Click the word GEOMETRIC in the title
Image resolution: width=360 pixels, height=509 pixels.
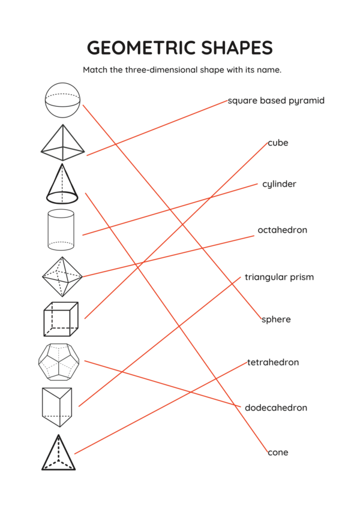coord(137,48)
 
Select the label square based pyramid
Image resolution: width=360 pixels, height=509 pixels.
coord(276,101)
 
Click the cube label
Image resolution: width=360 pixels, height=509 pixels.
coord(278,143)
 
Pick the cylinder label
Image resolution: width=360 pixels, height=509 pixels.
coord(279,184)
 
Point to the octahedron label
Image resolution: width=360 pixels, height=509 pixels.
coord(282,230)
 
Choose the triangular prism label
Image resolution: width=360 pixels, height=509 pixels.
coord(279,277)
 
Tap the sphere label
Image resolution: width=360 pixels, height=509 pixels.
coord(276,320)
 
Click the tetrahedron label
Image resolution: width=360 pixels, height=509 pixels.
coord(273,363)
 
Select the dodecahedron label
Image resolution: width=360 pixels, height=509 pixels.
coord(276,408)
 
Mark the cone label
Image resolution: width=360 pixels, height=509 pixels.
coord(278,453)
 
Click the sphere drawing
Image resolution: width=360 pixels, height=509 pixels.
coord(62,100)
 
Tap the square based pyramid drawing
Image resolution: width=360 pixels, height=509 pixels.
coord(62,144)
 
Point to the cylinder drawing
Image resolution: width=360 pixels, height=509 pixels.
coord(61,230)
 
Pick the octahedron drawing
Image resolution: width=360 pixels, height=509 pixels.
coord(62,276)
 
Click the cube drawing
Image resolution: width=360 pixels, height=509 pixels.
coord(61,319)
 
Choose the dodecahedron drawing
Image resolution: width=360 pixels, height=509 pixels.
coord(59,363)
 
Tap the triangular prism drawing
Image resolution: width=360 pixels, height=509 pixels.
coord(57,406)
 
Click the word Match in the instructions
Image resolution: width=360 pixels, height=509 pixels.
coord(95,70)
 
